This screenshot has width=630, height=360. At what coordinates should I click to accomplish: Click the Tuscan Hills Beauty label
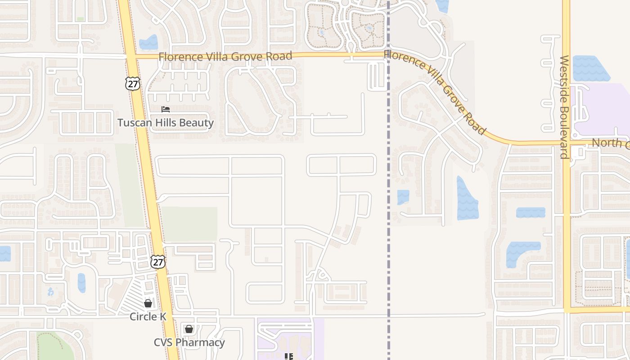click(x=166, y=122)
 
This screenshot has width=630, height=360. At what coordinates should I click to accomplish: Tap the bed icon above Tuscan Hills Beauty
click(x=166, y=109)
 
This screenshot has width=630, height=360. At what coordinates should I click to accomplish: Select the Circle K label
click(x=148, y=316)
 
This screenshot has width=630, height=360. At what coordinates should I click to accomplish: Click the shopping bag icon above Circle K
click(x=148, y=303)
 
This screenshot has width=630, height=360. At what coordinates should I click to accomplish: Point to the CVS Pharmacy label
click(x=189, y=342)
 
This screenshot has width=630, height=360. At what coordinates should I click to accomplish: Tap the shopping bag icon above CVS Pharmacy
click(x=189, y=329)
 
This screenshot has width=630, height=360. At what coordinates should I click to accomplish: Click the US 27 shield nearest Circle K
click(x=158, y=262)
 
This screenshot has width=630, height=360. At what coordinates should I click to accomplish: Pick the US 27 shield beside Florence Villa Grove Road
click(x=133, y=83)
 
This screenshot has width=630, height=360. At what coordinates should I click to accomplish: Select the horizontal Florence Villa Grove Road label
click(x=225, y=57)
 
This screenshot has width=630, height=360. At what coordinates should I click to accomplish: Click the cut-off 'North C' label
click(x=610, y=143)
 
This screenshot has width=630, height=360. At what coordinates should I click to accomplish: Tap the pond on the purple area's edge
click(x=590, y=69)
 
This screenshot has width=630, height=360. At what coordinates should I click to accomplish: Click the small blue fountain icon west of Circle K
click(x=50, y=292)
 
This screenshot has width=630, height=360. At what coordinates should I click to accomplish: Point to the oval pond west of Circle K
click(x=81, y=283)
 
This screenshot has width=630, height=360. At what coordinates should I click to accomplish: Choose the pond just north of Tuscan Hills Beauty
click(x=148, y=43)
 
